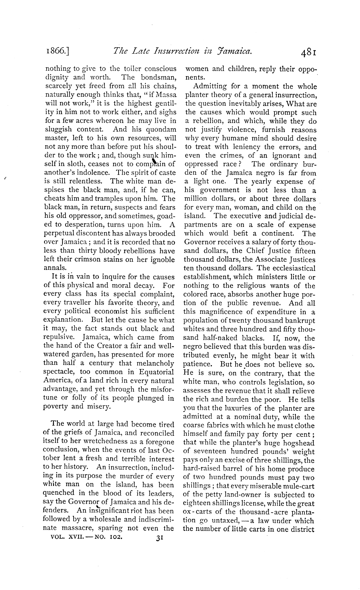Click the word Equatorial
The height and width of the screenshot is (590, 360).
point(156,372)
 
